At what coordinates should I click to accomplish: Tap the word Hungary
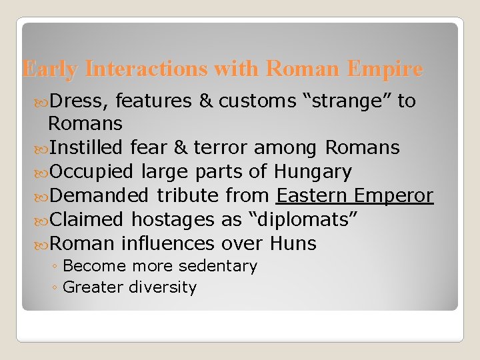pyautogui.click(x=313, y=171)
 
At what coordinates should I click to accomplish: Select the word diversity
pyautogui.click(x=166, y=287)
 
